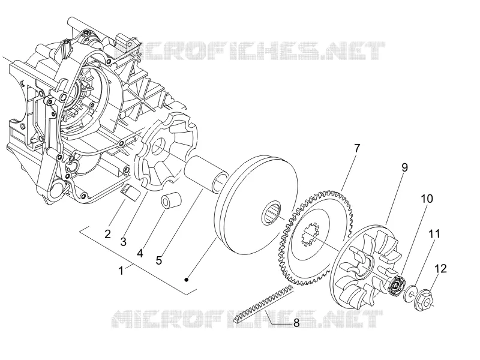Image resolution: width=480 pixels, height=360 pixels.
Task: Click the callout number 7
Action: point(357,148)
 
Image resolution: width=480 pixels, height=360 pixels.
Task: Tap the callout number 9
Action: point(404,167)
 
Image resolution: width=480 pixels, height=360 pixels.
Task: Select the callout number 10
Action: point(427,199)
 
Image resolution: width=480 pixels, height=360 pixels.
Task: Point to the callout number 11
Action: point(434,234)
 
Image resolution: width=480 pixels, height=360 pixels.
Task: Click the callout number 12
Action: point(441,269)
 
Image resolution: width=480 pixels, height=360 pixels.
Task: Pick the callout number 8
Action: point(296,323)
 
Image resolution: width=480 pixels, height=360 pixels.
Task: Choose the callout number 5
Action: point(158,260)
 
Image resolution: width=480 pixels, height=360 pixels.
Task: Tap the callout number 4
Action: point(140,253)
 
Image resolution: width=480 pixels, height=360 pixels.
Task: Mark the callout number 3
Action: point(123,242)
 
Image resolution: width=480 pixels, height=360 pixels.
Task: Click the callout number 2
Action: point(107,234)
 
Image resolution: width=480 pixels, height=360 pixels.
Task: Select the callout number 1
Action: point(121,271)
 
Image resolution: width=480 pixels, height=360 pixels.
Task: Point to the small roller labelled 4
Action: point(171,200)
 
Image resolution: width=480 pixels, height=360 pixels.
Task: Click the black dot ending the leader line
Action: point(187,280)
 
